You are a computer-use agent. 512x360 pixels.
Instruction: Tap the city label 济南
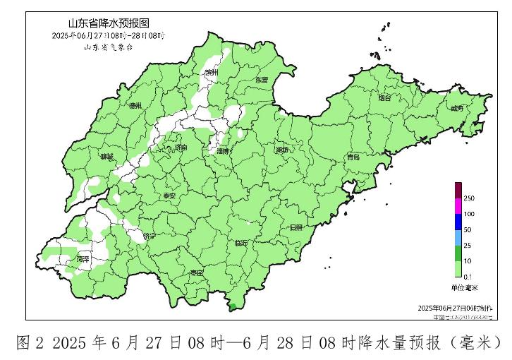[181, 148]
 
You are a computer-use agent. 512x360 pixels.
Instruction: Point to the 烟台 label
[384, 98]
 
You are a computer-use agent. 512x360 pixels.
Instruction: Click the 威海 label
[456, 108]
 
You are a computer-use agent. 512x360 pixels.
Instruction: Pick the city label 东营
[262, 80]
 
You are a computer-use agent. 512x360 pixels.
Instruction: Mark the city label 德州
[135, 105]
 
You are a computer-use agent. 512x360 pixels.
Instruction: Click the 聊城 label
[106, 156]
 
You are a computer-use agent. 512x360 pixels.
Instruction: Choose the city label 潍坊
[282, 150]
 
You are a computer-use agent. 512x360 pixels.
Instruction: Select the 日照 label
[296, 227]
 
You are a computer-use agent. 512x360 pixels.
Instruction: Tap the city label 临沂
[240, 243]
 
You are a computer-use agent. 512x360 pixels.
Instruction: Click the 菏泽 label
[83, 259]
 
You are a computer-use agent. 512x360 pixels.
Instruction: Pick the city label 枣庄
[196, 272]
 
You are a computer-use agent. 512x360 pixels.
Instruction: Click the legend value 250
[468, 199]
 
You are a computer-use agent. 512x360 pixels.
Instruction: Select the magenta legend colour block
[458, 206]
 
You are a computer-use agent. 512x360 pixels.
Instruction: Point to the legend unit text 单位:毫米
[464, 287]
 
